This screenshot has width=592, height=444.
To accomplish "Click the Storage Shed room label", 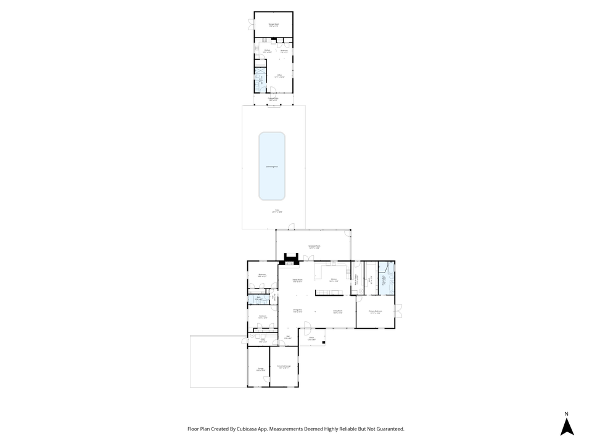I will (273, 25).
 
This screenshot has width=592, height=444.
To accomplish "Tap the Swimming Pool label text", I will (272, 166).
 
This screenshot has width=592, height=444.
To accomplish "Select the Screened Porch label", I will (313, 247).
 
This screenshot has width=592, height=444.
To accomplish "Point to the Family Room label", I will (297, 281).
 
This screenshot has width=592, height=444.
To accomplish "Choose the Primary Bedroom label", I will (376, 312).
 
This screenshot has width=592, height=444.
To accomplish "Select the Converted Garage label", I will (284, 367).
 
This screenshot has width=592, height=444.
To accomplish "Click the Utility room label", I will (262, 340).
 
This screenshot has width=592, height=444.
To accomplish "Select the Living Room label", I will (337, 312).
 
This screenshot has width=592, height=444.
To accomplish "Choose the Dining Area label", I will (297, 310).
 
